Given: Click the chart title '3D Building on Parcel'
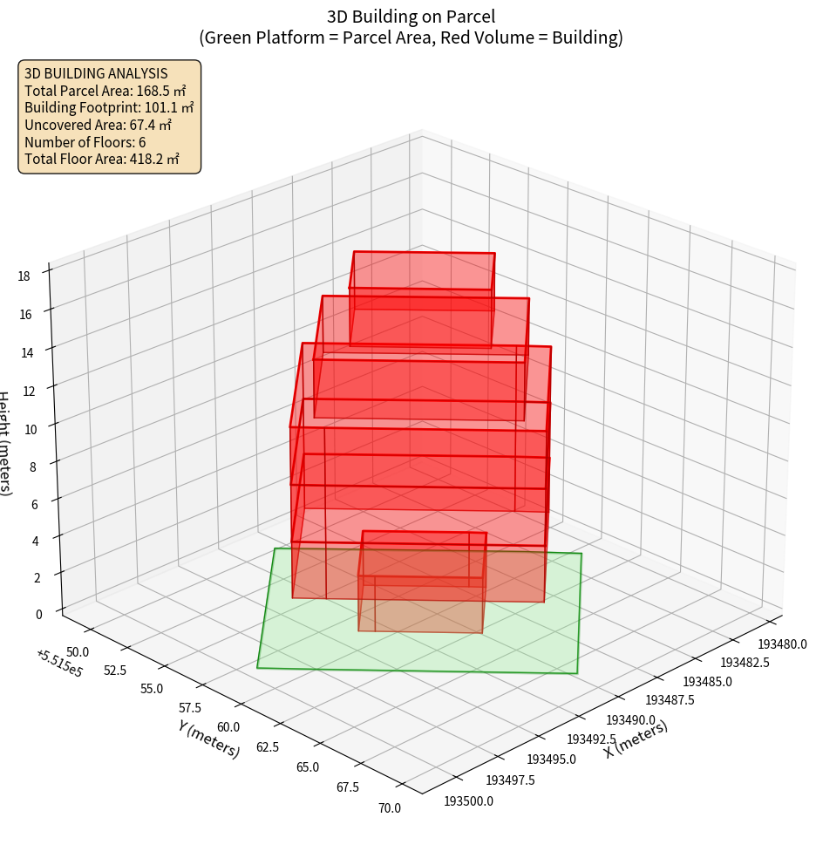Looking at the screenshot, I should click(x=411, y=16).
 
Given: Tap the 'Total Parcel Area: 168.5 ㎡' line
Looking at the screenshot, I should click(x=105, y=90).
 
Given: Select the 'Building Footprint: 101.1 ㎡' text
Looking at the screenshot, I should click(x=109, y=107).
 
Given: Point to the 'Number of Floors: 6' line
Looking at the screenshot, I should click(x=85, y=142).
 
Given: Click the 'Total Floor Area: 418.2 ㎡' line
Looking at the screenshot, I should click(x=102, y=160).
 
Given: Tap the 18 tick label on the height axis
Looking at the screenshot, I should click(x=24, y=276).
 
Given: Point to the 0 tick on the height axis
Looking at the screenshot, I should click(x=38, y=614).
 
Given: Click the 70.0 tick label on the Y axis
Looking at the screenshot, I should click(x=389, y=808).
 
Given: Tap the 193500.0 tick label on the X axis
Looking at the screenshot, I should click(x=468, y=801).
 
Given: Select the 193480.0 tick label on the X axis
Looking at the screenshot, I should click(x=782, y=644).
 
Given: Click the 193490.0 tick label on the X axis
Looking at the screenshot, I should click(x=630, y=719).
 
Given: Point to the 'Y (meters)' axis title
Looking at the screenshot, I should click(x=209, y=739).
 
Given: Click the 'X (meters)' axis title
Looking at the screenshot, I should click(x=636, y=739).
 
